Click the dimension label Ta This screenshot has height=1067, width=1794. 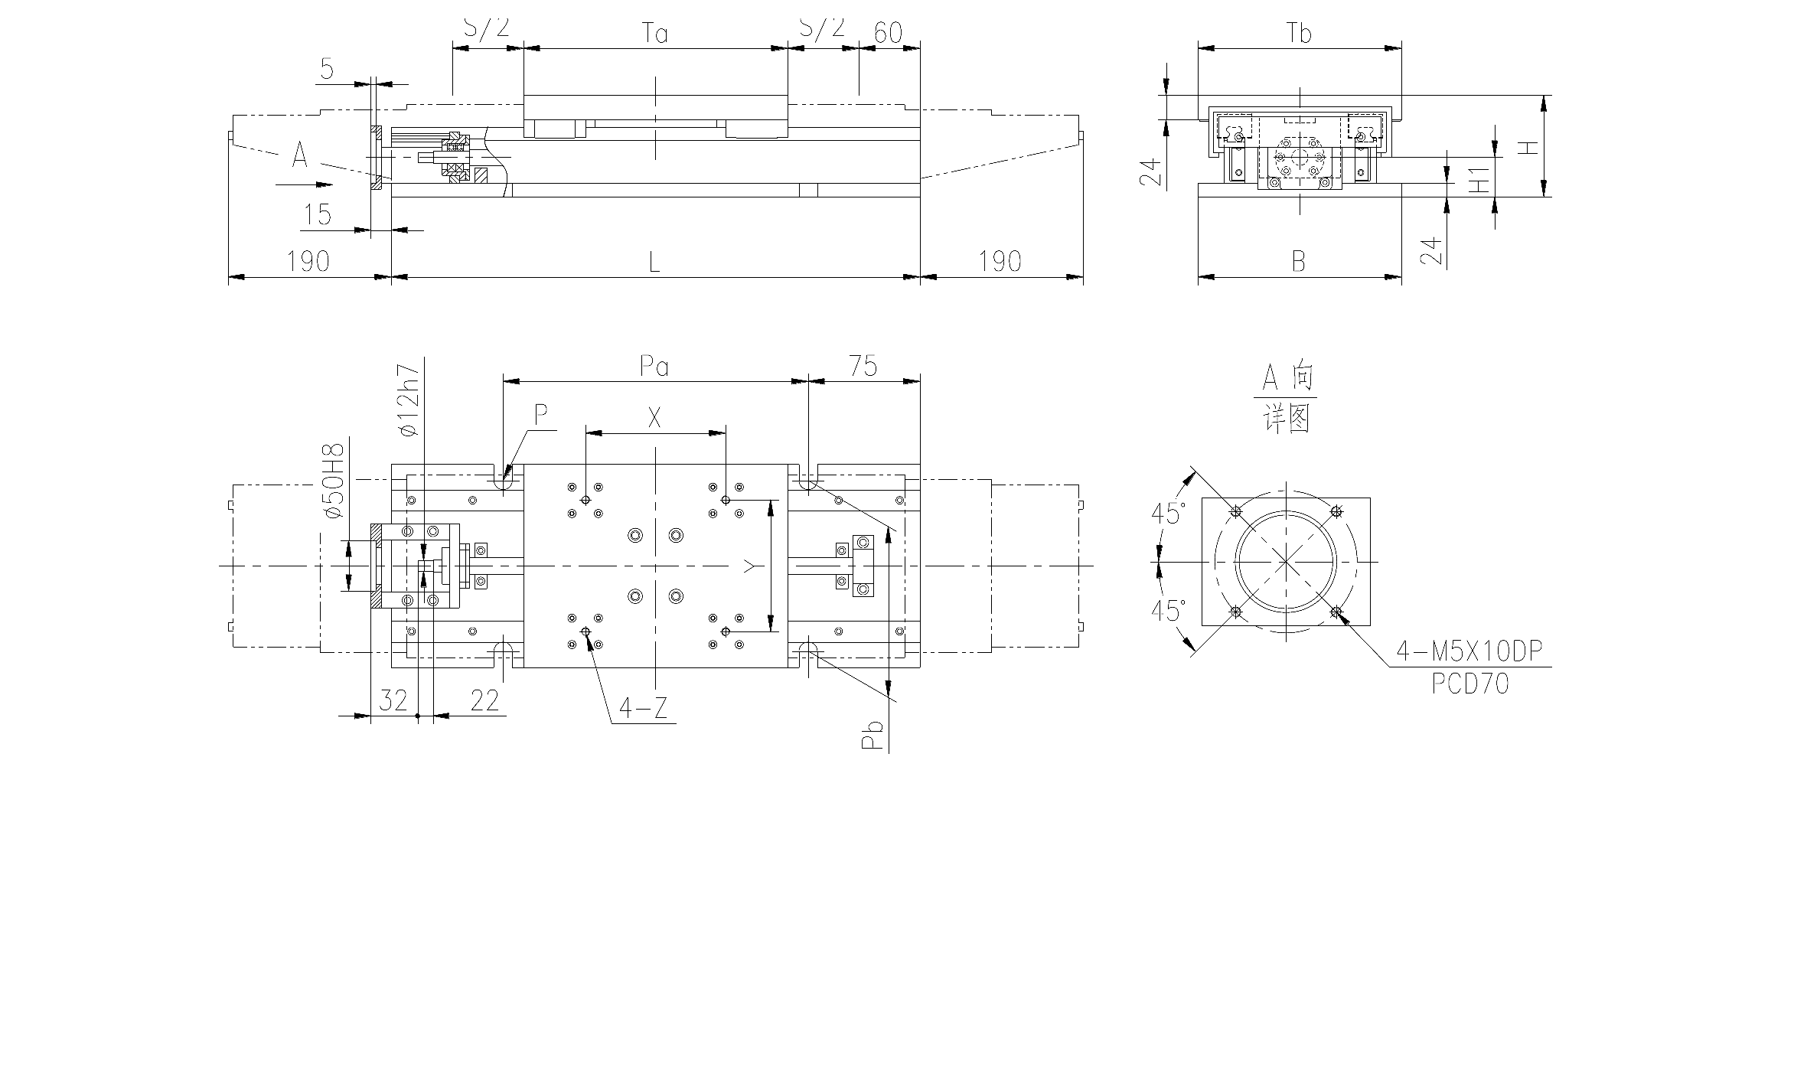point(655,33)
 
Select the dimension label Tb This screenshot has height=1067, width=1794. point(1300,33)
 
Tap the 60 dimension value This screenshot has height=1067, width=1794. point(888,33)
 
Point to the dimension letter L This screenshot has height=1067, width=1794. point(654,263)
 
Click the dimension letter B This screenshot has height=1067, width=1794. point(1299,263)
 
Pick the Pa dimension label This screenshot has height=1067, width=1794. point(655,367)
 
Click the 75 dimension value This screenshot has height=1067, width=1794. point(863,367)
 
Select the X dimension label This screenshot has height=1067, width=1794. point(654,418)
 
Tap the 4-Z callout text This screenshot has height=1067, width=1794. point(643,709)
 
